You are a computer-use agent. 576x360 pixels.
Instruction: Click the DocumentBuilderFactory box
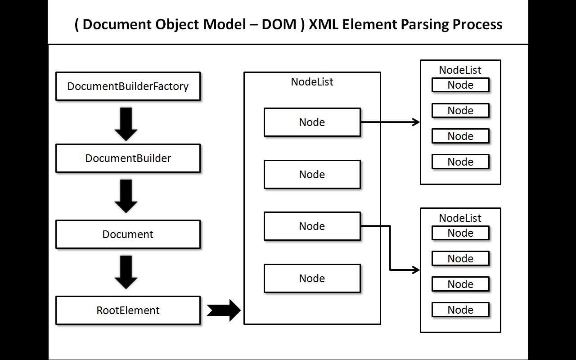pos(128,86)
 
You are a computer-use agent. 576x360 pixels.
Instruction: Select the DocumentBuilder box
pos(128,158)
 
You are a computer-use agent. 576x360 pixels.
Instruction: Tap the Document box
pos(128,234)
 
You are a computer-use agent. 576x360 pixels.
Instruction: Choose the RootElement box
pos(128,310)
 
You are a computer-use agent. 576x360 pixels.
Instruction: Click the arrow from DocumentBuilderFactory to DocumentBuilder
pos(126,123)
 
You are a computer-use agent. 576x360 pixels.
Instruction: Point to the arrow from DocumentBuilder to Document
pos(126,195)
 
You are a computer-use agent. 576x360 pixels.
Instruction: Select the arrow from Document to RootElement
pos(126,271)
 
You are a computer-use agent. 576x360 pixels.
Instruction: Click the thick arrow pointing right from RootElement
pos(224,310)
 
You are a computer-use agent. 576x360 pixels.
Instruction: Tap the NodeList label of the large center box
pos(312,82)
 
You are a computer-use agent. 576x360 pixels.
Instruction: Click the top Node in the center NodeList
pos(312,122)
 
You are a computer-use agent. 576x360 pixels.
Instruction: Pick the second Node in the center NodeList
pos(312,174)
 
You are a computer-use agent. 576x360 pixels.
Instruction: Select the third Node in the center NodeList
pos(312,226)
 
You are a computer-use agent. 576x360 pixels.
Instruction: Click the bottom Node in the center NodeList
pos(312,278)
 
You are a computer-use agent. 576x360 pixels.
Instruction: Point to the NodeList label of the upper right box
pos(460,70)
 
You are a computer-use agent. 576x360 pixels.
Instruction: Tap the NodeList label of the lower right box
pos(460,218)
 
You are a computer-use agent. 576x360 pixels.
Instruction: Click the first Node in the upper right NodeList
pos(460,85)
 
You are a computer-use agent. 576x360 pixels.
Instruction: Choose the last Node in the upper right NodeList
pos(460,162)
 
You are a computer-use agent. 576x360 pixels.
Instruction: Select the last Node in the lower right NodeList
pos(460,310)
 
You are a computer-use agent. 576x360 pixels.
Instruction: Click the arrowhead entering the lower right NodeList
pos(416,270)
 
